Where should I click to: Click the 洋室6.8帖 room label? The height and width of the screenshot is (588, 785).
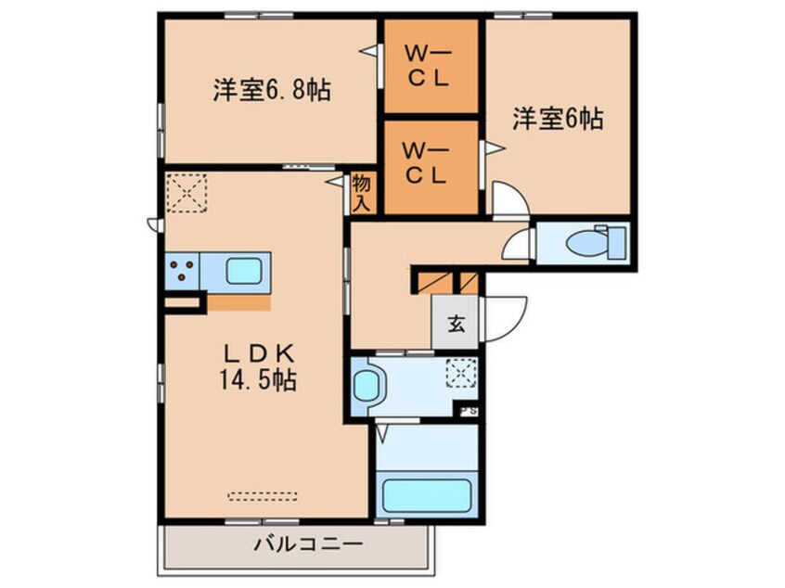(272, 90)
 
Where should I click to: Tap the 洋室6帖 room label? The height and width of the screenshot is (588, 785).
(558, 119)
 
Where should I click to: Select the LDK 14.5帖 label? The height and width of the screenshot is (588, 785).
(258, 368)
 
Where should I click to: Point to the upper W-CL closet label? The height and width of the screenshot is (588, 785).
(428, 66)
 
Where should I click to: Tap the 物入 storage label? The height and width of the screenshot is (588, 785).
(362, 193)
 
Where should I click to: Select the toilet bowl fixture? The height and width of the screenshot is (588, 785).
(596, 244)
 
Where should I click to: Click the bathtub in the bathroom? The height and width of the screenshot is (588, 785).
(427, 495)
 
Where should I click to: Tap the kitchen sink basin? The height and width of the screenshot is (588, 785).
(244, 271)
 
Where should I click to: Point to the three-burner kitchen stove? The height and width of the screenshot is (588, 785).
(182, 271)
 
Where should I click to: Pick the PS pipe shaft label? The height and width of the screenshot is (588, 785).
(470, 412)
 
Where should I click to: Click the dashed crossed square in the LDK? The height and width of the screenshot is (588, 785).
(187, 193)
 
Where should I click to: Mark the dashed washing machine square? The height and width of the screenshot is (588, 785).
(461, 373)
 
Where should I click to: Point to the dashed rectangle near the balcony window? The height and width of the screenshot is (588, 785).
(263, 496)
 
